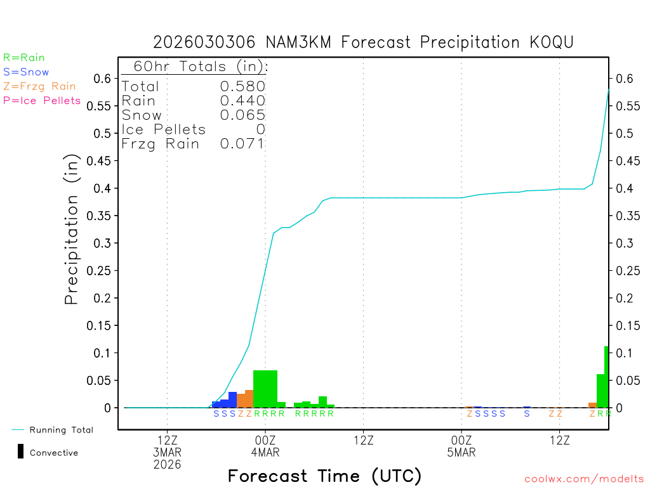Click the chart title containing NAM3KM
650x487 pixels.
click(x=363, y=42)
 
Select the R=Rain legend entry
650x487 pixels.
click(x=24, y=58)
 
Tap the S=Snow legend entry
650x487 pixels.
click(x=26, y=72)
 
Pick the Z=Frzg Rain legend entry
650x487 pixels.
click(x=39, y=86)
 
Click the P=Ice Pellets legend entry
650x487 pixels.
click(x=42, y=100)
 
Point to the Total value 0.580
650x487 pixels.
click(x=242, y=86)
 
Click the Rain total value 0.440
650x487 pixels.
click(x=242, y=100)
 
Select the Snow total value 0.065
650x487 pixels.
click(x=242, y=115)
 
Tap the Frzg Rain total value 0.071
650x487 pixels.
click(x=242, y=143)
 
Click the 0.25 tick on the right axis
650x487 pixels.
click(x=625, y=271)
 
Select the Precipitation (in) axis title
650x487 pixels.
click(x=72, y=229)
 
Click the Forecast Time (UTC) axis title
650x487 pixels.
click(x=324, y=476)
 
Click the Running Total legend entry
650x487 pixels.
click(x=61, y=430)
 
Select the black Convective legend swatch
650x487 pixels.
click(x=21, y=451)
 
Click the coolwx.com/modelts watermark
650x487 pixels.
click(x=584, y=479)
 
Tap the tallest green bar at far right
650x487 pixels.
click(x=607, y=377)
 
